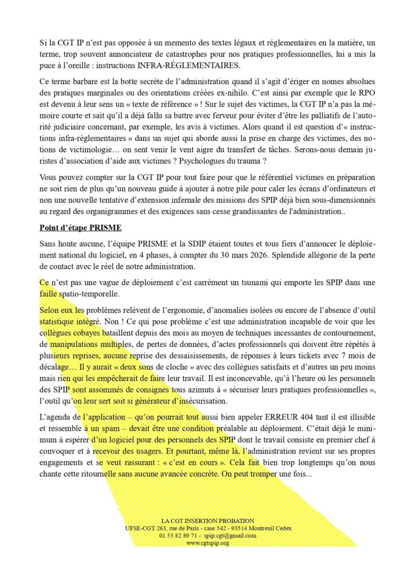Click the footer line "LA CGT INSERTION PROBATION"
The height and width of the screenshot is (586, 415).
[x=207, y=520]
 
